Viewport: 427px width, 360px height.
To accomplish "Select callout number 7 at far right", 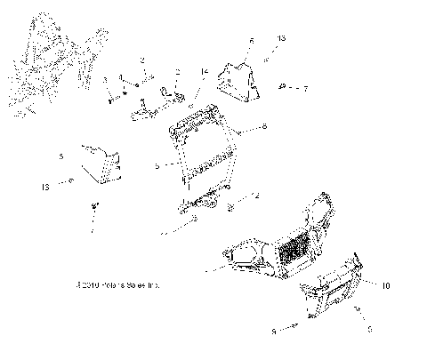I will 306,89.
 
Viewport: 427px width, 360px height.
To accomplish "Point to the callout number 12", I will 254,195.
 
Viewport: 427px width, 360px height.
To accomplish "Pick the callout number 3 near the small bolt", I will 105,80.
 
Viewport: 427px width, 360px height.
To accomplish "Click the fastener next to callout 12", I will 233,208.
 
